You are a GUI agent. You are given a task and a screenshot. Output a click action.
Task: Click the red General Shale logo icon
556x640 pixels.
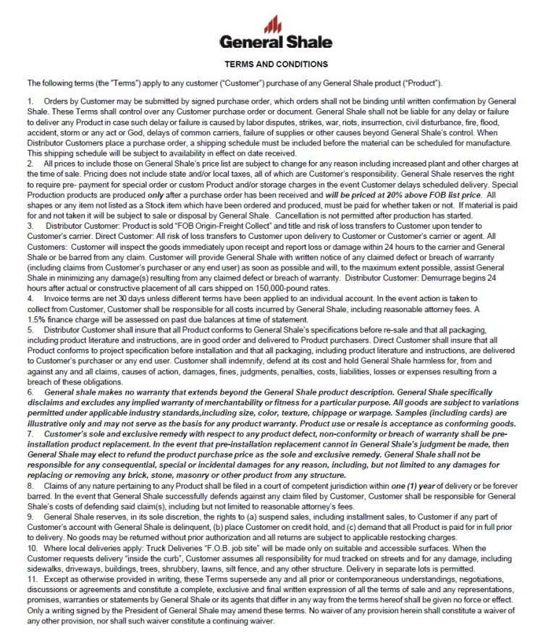point(274,25)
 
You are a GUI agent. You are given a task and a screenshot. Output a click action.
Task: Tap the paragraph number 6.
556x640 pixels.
point(30,391)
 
